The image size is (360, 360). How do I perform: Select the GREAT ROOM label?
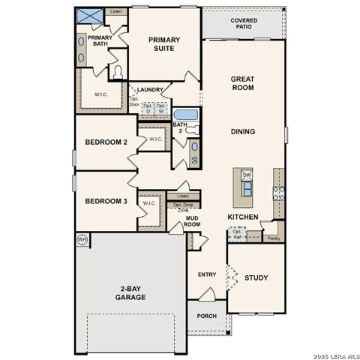point(242,83)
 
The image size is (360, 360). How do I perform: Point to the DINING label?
point(242,132)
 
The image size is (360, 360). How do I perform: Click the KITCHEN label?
point(243,217)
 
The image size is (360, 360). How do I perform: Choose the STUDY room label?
point(256,278)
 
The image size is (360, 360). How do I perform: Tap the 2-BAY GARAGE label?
point(130,292)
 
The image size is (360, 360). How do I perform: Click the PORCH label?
point(206,316)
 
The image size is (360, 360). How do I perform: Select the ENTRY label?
point(207,274)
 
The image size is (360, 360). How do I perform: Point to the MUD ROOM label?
point(193,221)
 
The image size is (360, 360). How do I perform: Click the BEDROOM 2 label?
point(106,142)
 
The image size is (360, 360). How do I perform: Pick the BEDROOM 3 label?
point(106,201)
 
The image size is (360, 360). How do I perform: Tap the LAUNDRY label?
point(150,90)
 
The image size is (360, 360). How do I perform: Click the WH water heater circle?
point(82,239)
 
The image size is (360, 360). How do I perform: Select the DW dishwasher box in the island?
point(247,175)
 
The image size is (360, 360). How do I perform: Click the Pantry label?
point(274,238)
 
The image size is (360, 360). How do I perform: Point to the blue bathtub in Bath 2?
point(184,115)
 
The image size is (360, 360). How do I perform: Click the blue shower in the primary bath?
point(91,16)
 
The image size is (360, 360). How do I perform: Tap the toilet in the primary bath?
point(116,72)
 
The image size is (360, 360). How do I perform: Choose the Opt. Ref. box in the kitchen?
point(237,234)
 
